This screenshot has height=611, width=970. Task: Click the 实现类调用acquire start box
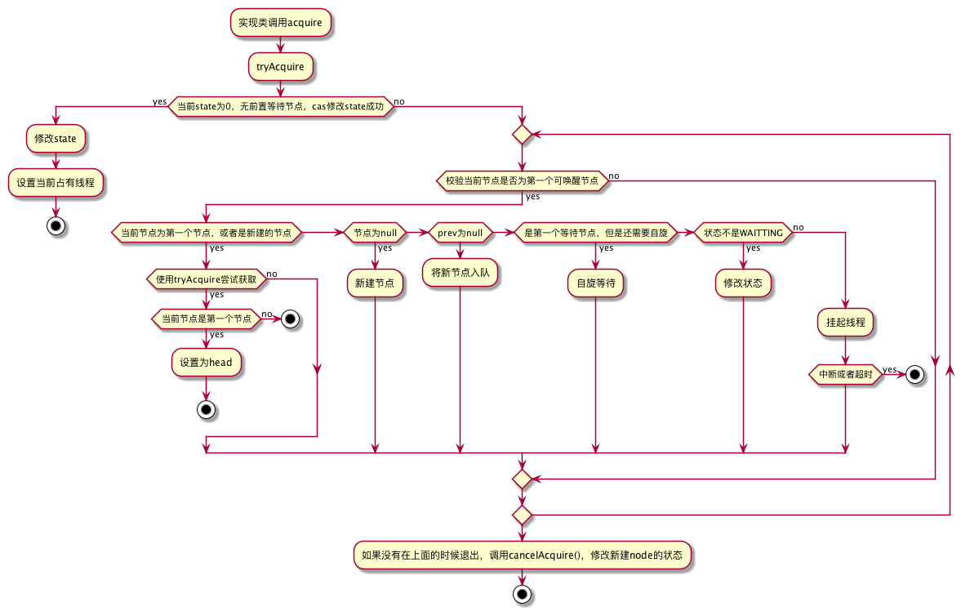click(x=280, y=23)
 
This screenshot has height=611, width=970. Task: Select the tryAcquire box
click(x=280, y=67)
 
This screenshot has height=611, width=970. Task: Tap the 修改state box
click(x=56, y=139)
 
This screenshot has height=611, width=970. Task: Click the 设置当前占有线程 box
click(x=56, y=183)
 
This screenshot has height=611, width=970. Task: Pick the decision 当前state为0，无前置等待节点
click(x=281, y=106)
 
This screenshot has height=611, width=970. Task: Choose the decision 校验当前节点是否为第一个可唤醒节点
click(x=522, y=181)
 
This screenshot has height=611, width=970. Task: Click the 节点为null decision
click(x=375, y=233)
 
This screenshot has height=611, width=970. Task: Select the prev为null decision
click(x=461, y=233)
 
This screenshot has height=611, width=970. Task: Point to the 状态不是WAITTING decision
click(x=743, y=233)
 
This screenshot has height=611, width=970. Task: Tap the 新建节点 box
click(x=375, y=283)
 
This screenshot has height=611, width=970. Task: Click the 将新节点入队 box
click(x=461, y=272)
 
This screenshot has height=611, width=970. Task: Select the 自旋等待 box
click(x=596, y=283)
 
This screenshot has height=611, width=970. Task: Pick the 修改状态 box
click(x=743, y=283)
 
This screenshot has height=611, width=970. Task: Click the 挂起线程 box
click(x=846, y=323)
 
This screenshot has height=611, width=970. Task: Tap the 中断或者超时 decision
click(x=846, y=375)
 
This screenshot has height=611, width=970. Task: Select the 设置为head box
click(x=206, y=363)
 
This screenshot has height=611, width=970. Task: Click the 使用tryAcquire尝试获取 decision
click(x=206, y=279)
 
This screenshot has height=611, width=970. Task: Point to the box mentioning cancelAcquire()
click(x=522, y=555)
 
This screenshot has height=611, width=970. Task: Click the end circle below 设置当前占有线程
click(x=56, y=226)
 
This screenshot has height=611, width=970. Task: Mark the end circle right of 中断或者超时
click(x=914, y=375)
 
